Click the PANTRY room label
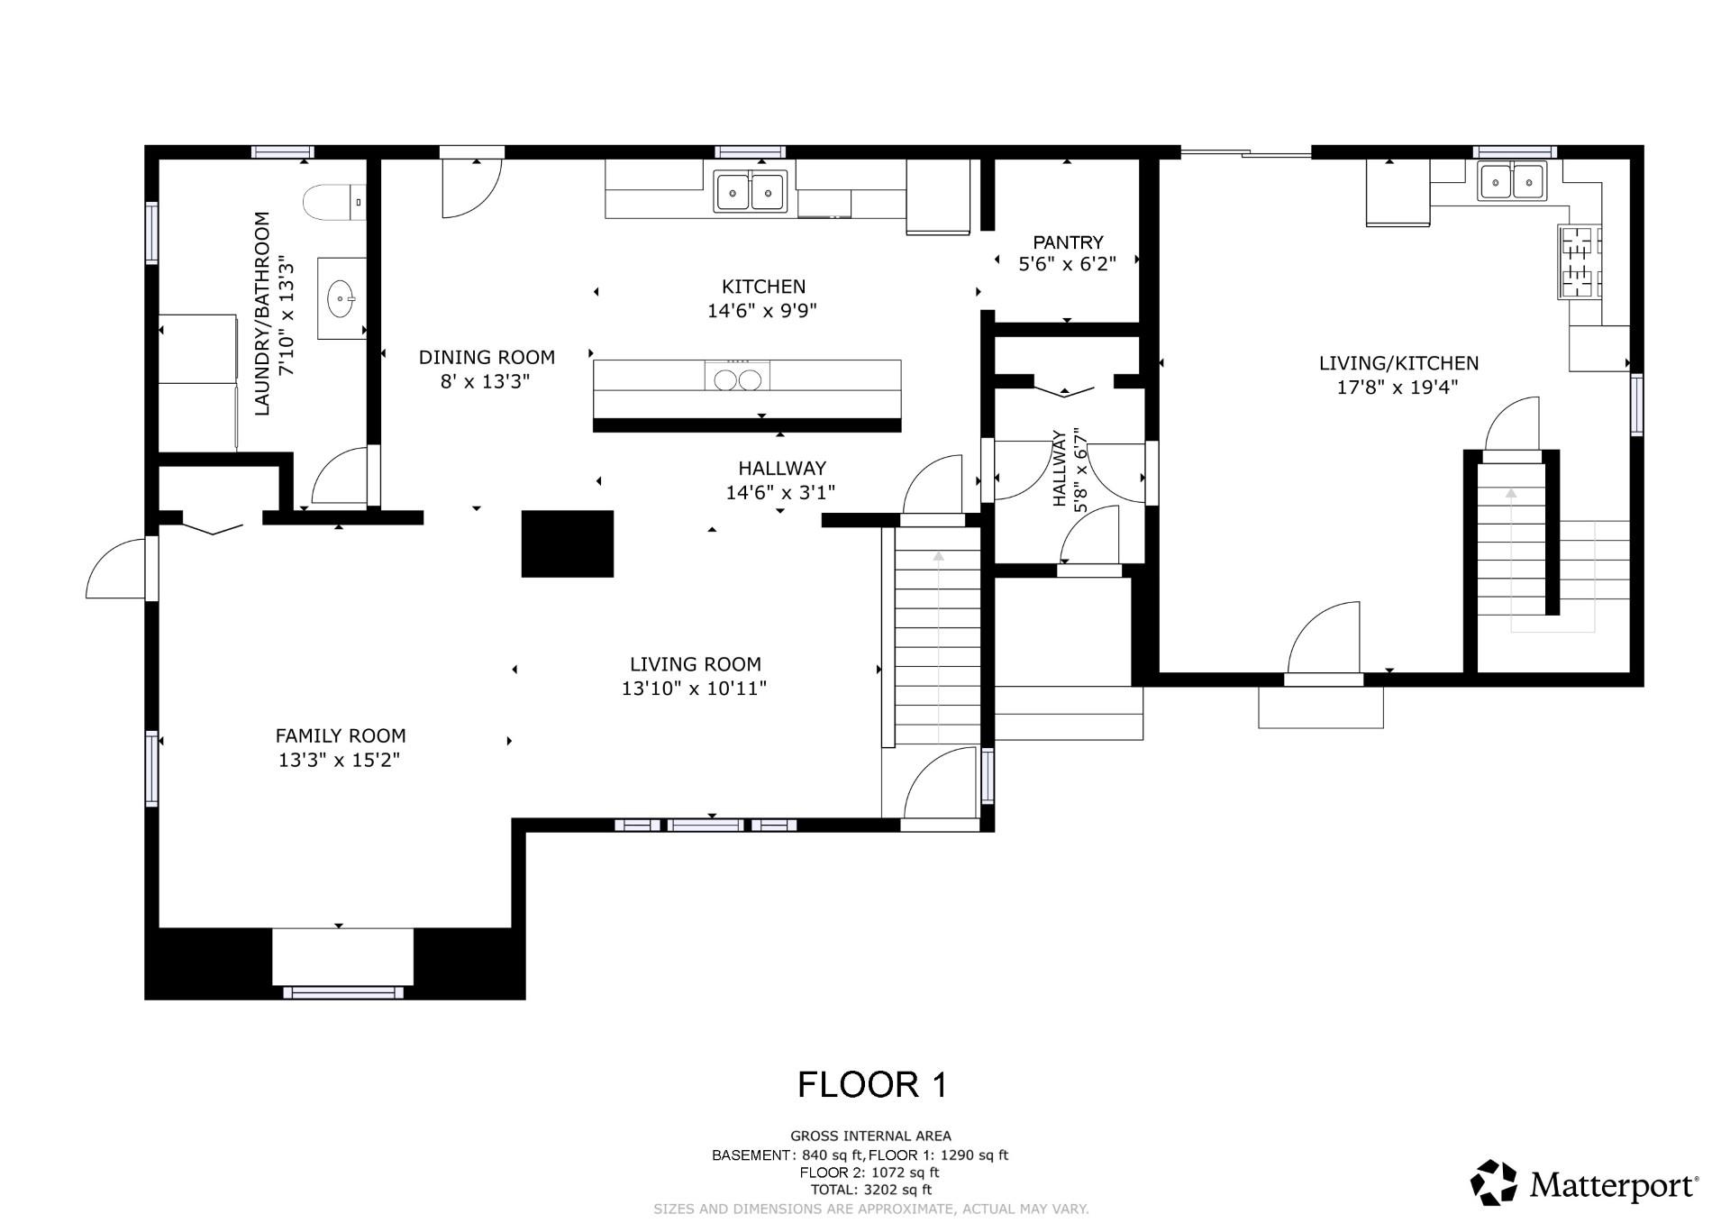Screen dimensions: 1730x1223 pos(1068,242)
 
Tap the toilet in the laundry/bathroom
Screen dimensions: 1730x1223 pos(334,203)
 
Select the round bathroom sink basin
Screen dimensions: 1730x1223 pos(341,298)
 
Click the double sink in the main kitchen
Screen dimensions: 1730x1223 pos(751,191)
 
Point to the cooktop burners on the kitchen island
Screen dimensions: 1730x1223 pos(738,376)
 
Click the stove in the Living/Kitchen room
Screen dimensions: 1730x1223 pos(1580,261)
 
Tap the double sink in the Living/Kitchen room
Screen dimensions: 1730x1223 pos(1511,181)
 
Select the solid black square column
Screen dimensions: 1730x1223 pos(568,543)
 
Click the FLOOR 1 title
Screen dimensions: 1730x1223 pos(872,1084)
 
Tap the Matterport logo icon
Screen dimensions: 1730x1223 pos(1494,1182)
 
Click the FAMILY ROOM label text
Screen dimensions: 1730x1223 pos(341,735)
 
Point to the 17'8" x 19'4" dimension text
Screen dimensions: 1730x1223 pos(1398,388)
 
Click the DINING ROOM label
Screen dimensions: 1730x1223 pos(487,357)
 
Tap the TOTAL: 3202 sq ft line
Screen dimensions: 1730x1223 pos(871,1190)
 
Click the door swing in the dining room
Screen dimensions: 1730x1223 pos(471,188)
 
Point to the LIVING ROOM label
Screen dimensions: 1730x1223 pos(695,664)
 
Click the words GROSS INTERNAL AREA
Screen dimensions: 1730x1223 pos(870,1136)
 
